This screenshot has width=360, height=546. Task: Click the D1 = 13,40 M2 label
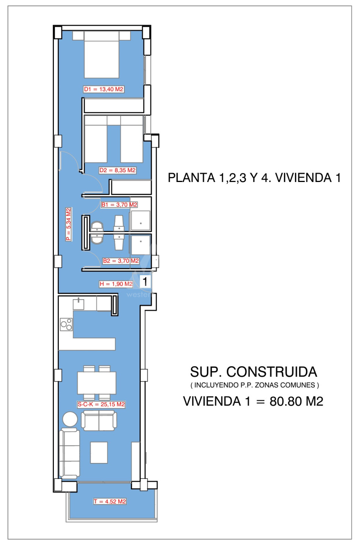[x=104, y=89]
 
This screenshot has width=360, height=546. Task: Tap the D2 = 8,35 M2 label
[x=117, y=170]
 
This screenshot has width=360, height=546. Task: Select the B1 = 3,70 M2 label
[x=119, y=204]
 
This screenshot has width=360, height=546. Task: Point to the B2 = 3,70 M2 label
[x=121, y=261]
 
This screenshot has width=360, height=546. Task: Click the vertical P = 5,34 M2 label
[x=69, y=224]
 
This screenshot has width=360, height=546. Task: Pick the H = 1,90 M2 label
[x=116, y=284]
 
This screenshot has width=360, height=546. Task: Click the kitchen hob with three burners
[x=66, y=325]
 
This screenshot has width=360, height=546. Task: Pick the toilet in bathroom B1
[x=97, y=226]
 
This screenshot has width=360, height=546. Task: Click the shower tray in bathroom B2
[x=140, y=245]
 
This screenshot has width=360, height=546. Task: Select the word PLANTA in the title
[x=192, y=178]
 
